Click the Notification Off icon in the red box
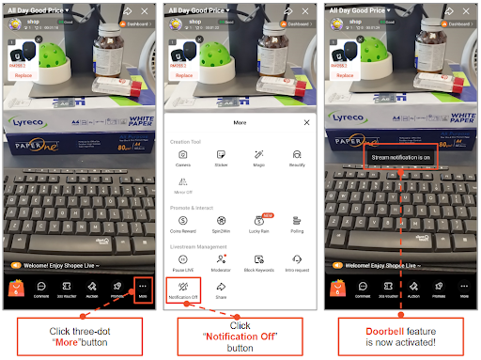coord(182,289)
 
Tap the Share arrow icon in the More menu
coord(221,287)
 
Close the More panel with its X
coord(306,122)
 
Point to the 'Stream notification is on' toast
coord(401,157)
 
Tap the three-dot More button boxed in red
coord(143,288)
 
